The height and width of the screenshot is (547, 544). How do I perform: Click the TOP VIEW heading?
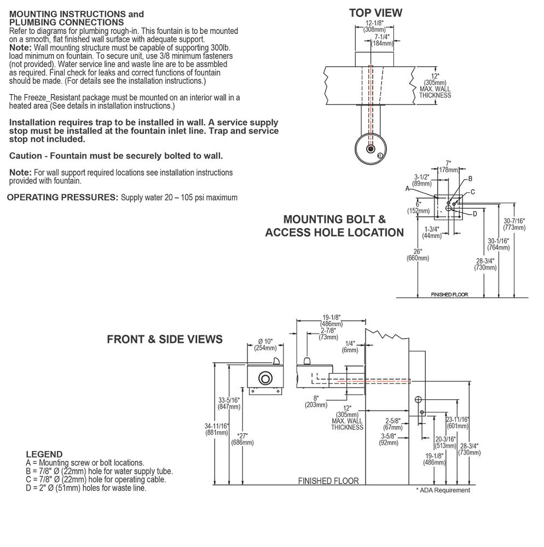[375, 13]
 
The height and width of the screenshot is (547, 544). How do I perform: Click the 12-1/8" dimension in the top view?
[375, 26]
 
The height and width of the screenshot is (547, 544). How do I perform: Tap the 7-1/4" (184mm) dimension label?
[382, 39]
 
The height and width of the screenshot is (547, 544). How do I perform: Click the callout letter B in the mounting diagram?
[470, 179]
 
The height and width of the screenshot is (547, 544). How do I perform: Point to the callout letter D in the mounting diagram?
[475, 214]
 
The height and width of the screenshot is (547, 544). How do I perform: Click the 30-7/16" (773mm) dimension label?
[514, 224]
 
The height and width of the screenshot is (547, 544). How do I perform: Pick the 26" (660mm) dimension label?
[418, 255]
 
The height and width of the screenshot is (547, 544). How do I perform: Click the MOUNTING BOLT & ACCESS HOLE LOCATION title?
[334, 226]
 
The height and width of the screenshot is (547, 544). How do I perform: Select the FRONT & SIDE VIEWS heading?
[165, 339]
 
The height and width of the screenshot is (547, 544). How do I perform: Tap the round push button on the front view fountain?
[265, 378]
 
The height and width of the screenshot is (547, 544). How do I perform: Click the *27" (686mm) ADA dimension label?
[244, 439]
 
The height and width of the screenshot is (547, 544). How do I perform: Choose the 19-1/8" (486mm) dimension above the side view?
[332, 320]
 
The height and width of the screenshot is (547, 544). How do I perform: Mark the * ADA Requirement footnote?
[443, 490]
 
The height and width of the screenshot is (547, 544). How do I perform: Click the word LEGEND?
[44, 454]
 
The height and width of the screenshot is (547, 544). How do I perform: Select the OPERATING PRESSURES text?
[62, 197]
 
